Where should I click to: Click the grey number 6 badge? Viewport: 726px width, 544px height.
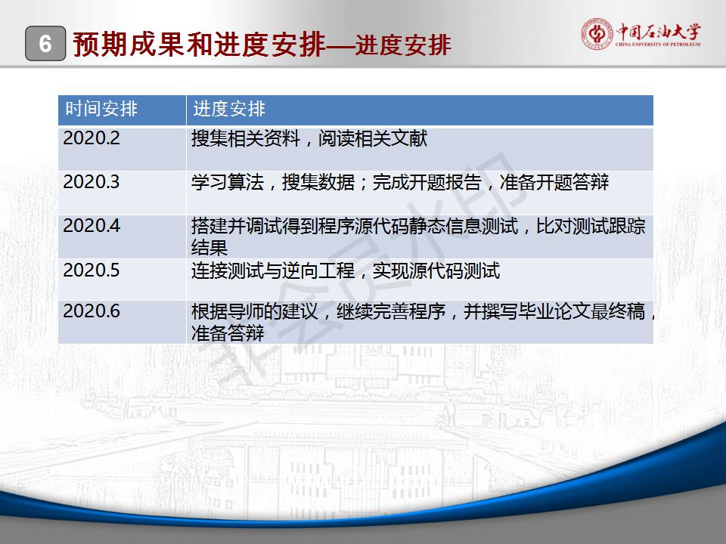[x=45, y=44]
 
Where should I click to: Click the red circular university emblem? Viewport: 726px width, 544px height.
[x=597, y=34]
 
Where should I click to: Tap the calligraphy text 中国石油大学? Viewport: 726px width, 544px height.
[x=659, y=32]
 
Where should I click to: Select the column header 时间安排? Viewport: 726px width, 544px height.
[x=101, y=109]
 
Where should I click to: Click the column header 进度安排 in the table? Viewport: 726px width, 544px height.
[x=229, y=109]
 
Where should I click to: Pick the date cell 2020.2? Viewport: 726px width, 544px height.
[x=92, y=138]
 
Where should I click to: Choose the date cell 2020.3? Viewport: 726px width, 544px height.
[x=92, y=182]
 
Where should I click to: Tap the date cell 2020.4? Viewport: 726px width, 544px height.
[x=92, y=226]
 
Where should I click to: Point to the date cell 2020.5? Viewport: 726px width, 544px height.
[x=92, y=270]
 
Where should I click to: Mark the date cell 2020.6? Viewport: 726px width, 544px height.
[x=92, y=311]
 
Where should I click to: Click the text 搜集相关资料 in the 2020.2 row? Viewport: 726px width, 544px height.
[x=246, y=138]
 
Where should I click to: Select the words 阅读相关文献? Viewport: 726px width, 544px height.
[x=373, y=138]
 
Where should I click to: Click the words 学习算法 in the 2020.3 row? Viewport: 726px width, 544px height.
[x=228, y=182]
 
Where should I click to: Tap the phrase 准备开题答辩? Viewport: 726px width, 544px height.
[x=554, y=182]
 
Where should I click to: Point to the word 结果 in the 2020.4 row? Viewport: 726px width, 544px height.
[x=209, y=248]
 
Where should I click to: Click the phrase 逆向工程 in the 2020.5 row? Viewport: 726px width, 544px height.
[x=318, y=270]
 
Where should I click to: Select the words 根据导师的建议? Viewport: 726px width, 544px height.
[x=255, y=311]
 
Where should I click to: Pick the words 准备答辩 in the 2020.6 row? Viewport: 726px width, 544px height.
[x=228, y=332]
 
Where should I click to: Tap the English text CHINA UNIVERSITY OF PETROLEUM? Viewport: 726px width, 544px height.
[x=658, y=45]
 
